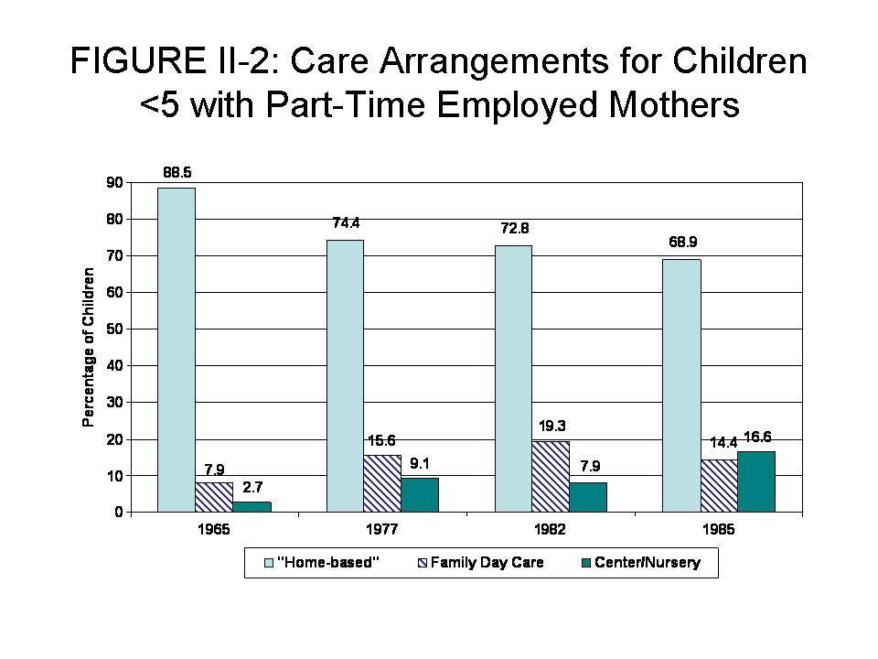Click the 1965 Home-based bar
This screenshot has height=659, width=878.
pyautogui.click(x=177, y=350)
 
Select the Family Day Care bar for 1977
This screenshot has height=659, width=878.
pyautogui.click(x=382, y=483)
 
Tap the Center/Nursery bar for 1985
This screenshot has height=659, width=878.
pyautogui.click(x=756, y=481)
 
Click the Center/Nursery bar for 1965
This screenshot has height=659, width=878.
pyautogui.click(x=252, y=506)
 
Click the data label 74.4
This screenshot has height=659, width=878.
pyautogui.click(x=346, y=222)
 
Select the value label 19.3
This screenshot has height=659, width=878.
pyautogui.click(x=551, y=426)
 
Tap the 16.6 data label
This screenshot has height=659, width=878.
pyautogui.click(x=758, y=437)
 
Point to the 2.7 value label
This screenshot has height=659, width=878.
pyautogui.click(x=252, y=487)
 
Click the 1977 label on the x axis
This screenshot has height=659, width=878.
pyautogui.click(x=382, y=530)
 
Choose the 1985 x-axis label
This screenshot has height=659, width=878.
pyautogui.click(x=719, y=530)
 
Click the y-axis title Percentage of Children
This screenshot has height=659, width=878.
pyautogui.click(x=89, y=347)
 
